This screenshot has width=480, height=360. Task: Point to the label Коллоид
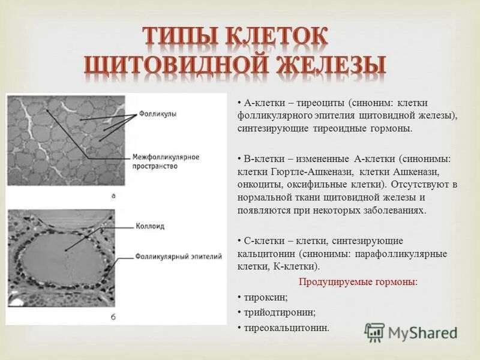coord(150,226)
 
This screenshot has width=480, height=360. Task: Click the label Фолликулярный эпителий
coord(179,256)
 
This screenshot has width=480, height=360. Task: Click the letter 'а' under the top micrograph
coord(114,196)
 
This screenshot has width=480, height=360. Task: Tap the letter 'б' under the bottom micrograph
coord(114,316)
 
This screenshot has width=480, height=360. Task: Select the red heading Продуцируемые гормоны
coord(358,281)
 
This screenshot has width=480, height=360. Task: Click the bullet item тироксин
coord(266,297)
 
